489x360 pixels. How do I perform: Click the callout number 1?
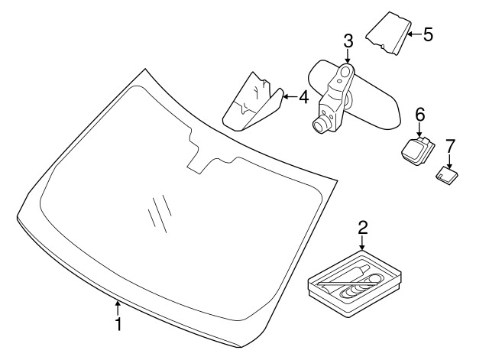coord(118,324)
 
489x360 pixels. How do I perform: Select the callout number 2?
coord(363,227)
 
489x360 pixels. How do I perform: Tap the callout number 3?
coord(348,40)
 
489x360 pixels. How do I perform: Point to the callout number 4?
coord(303,97)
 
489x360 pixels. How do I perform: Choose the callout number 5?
coord(428,34)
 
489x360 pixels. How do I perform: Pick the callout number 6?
coord(419,114)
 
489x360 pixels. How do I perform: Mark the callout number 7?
coord(450,145)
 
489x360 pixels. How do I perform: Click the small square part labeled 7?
coord(445,174)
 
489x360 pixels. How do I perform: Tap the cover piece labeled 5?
coord(387,34)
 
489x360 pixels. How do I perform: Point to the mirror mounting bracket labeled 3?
coord(336,96)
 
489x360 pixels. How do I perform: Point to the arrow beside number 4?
coord(287,97)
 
